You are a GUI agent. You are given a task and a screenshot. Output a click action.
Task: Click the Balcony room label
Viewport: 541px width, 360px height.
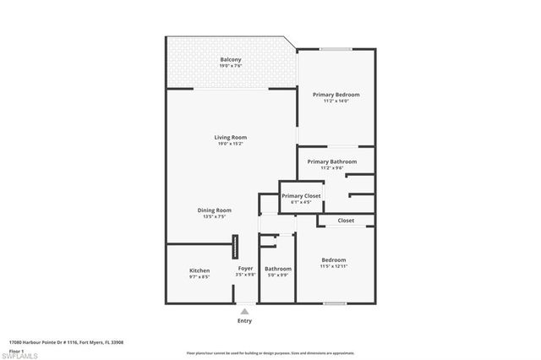point(231,59)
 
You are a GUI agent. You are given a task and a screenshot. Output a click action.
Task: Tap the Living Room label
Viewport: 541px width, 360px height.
point(231,137)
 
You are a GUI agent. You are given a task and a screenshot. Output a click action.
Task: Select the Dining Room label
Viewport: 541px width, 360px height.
point(215,210)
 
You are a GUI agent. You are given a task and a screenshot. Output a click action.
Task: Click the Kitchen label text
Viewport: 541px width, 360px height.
point(199,270)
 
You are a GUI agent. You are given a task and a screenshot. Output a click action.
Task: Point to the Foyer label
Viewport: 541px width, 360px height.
point(245,269)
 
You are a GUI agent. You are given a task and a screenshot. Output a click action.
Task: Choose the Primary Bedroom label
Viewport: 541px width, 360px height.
point(336,95)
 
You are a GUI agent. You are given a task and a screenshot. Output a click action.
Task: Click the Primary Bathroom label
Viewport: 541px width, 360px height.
point(331,161)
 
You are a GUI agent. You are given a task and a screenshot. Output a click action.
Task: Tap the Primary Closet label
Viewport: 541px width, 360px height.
point(302,196)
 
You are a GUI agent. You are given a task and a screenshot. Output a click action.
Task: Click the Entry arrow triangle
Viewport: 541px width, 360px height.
point(245,311)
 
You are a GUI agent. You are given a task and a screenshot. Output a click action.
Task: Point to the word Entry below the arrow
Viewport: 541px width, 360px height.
point(245,321)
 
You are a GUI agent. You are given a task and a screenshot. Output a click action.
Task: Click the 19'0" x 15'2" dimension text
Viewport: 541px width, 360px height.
point(231,143)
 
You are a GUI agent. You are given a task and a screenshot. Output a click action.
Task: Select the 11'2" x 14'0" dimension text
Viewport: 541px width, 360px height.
point(336,101)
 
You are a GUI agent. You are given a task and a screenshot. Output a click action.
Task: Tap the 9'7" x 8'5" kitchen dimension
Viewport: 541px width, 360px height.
point(199,276)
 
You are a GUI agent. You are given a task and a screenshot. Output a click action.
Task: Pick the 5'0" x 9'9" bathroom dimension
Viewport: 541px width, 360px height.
point(278,275)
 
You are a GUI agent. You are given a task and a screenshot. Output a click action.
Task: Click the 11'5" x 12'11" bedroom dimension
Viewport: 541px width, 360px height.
point(334,266)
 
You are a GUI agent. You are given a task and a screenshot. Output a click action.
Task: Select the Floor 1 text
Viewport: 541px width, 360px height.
point(17,349)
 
